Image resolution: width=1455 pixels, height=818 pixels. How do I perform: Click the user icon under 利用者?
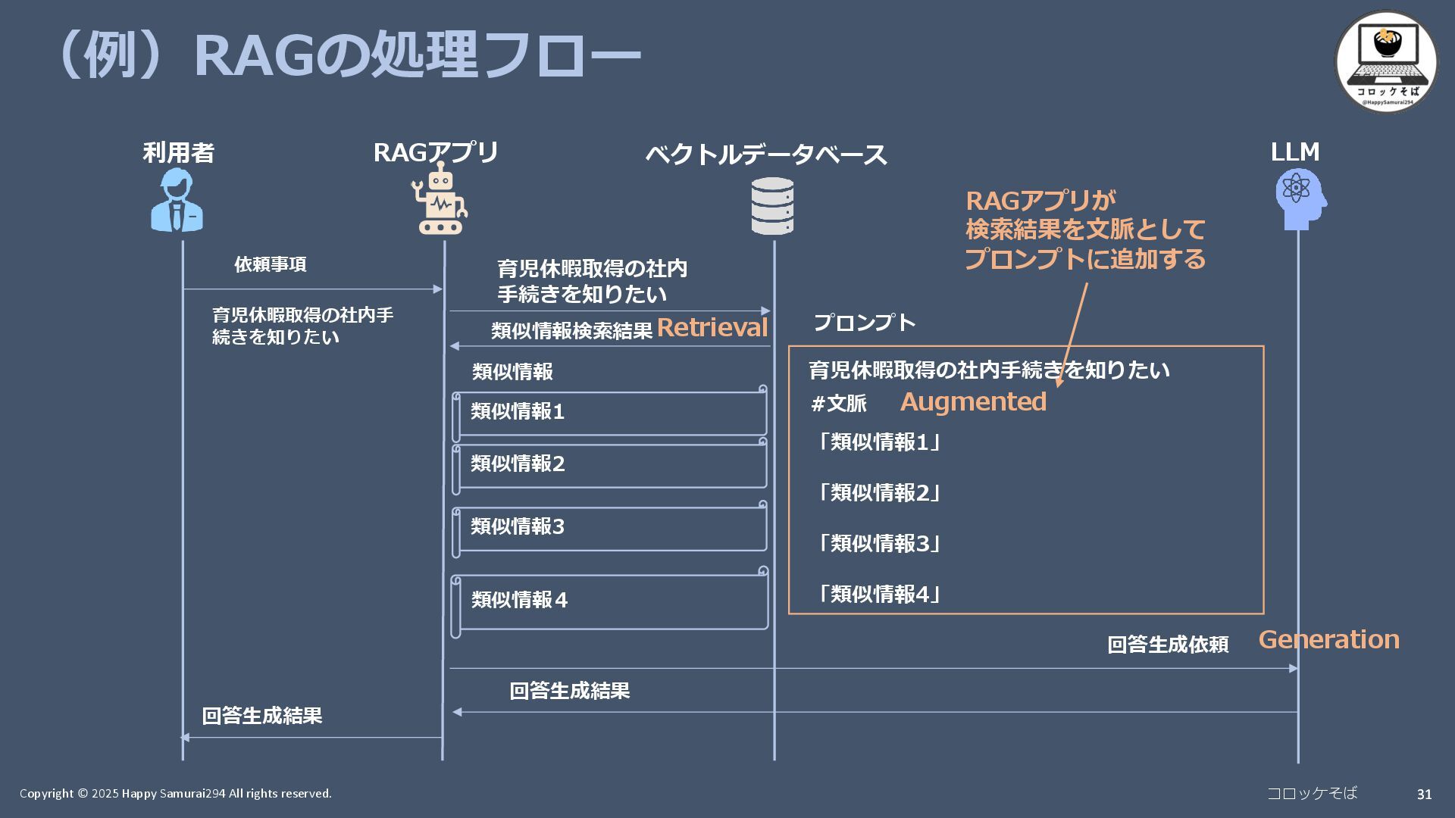click(x=177, y=201)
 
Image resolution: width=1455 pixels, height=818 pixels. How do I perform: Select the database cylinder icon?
click(x=772, y=206)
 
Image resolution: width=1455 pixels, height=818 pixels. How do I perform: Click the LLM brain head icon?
click(x=1300, y=199)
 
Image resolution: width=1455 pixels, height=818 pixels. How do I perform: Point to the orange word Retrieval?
click(x=712, y=327)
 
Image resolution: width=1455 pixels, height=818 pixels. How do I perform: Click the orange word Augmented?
click(x=973, y=401)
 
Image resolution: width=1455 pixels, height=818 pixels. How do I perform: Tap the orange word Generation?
click(x=1328, y=639)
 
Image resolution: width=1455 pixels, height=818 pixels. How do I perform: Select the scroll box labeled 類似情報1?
click(x=610, y=414)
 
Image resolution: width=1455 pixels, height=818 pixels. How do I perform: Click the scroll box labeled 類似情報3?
click(x=610, y=529)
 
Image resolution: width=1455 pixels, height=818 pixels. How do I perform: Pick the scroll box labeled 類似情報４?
click(x=610, y=602)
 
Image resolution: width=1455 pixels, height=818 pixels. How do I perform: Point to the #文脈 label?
click(x=838, y=403)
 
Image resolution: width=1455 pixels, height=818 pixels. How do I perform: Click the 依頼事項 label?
click(x=270, y=264)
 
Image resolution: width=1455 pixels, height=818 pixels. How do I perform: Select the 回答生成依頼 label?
click(x=1167, y=645)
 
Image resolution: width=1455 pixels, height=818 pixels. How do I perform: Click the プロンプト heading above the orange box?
click(x=864, y=323)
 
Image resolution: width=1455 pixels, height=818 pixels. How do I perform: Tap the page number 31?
click(x=1424, y=794)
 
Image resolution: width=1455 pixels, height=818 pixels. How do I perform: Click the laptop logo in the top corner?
click(x=1386, y=61)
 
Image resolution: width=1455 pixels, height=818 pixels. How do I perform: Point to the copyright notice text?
click(x=175, y=793)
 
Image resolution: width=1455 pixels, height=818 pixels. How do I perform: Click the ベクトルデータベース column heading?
click(x=765, y=155)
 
